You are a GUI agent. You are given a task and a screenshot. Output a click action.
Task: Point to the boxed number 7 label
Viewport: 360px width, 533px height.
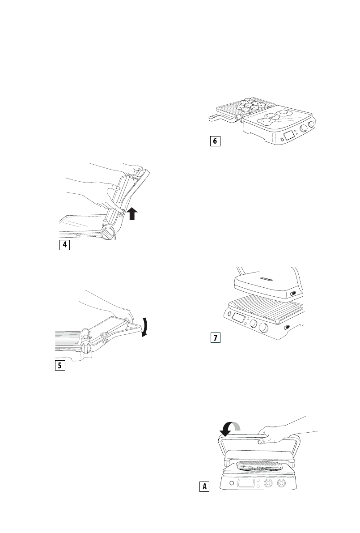pos(216,338)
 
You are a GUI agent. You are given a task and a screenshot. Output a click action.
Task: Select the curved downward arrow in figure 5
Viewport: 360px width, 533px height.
pos(144,327)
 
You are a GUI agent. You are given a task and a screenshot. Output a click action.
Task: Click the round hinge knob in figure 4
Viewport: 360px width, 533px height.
pos(108,234)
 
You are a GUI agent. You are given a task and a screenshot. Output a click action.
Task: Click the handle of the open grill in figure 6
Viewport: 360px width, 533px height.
pos(221,119)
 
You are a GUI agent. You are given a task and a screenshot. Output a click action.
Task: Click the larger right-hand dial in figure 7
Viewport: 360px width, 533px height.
pos(264,328)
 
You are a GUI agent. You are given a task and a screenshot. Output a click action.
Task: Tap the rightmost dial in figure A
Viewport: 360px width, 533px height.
pos(282,484)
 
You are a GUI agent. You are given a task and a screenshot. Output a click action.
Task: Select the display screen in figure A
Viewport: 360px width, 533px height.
pos(247,484)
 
